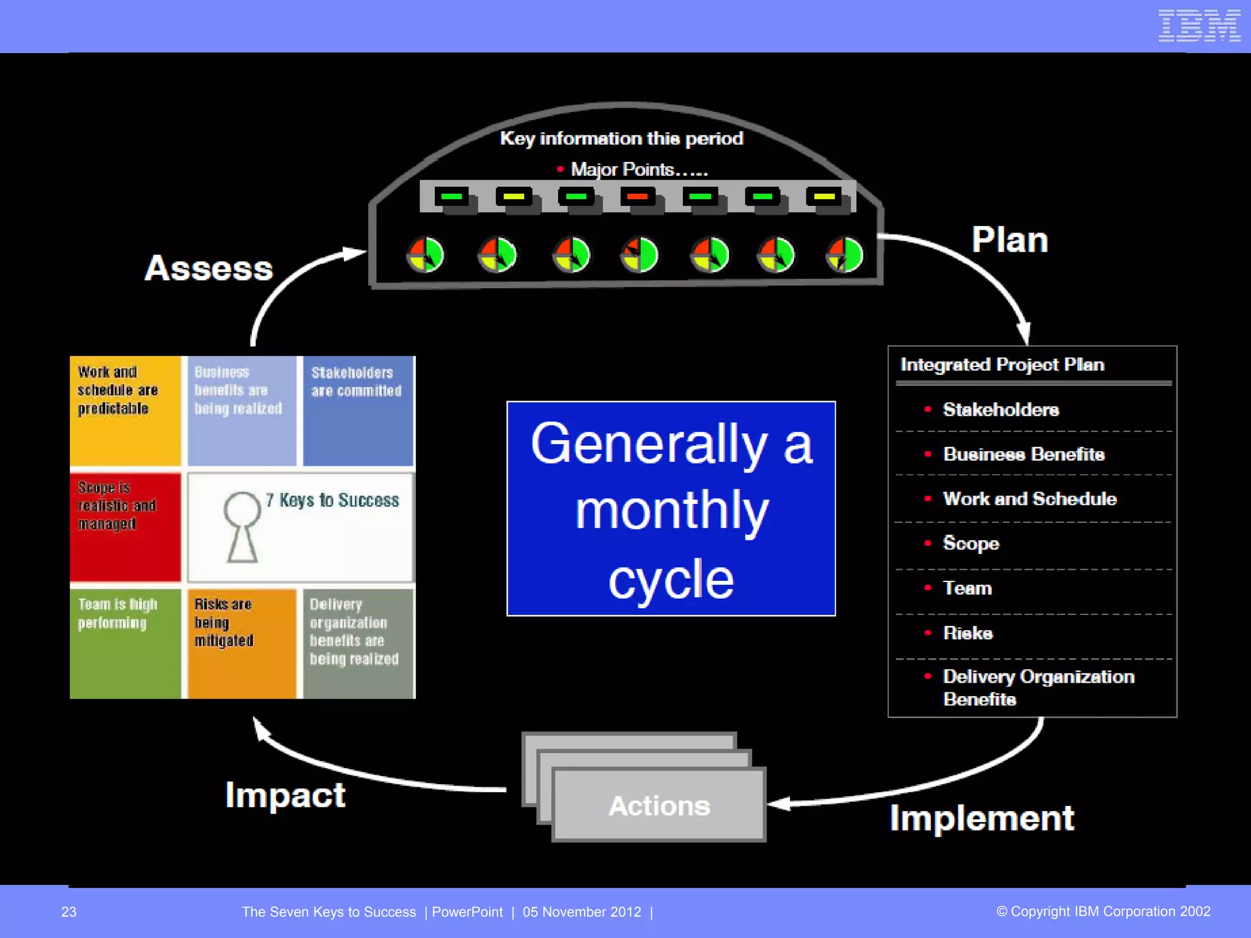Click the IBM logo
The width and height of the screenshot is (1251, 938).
click(1198, 26)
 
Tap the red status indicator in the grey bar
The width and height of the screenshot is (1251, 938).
click(637, 197)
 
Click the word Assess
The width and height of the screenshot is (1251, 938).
click(209, 268)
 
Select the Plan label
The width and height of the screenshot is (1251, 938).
click(1010, 240)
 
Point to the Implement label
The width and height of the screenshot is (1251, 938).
click(982, 818)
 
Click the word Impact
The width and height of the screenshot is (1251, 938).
click(285, 795)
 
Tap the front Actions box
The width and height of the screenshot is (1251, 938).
click(659, 805)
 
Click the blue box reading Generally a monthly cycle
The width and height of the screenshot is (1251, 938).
click(671, 508)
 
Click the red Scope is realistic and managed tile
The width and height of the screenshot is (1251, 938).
click(125, 526)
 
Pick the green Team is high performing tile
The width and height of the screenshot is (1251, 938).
click(125, 643)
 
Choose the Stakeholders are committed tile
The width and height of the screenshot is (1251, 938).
click(358, 410)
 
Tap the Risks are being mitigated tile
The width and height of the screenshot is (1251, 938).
click(242, 643)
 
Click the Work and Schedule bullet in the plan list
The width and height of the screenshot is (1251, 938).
click(1029, 499)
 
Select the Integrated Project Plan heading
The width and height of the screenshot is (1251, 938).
click(1002, 365)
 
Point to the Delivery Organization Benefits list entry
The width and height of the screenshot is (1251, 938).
click(1038, 688)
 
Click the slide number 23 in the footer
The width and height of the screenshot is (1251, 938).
click(69, 912)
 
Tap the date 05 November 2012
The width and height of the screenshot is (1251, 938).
click(582, 912)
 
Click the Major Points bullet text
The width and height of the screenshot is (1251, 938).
click(638, 169)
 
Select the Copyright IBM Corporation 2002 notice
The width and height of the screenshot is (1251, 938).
click(1103, 911)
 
